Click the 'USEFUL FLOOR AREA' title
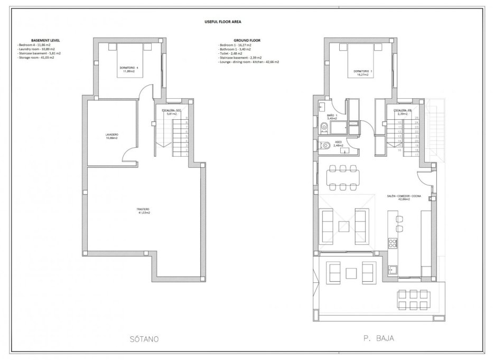(223, 22)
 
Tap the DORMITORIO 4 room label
(129, 69)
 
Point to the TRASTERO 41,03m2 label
(144, 211)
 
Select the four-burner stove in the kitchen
(393, 243)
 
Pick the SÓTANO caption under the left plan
(144, 339)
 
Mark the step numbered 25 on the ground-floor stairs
(416, 118)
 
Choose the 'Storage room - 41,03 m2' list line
(36, 57)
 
